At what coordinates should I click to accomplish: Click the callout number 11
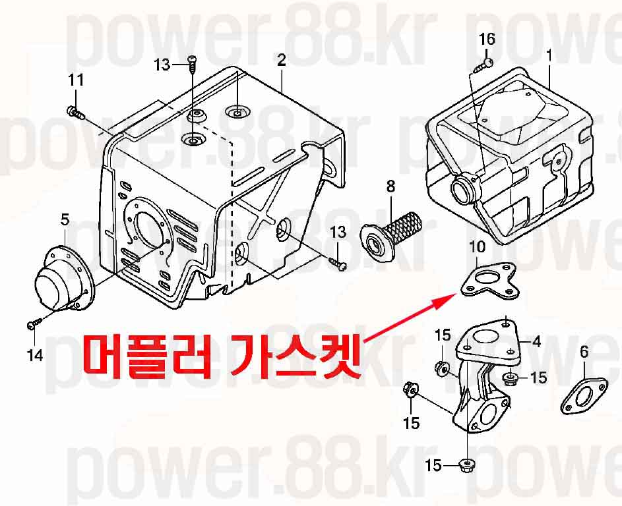[x=76, y=80]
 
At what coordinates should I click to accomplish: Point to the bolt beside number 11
[x=76, y=112]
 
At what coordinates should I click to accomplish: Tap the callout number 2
[x=281, y=61]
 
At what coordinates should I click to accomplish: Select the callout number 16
[x=487, y=40]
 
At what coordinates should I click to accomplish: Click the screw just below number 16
[x=483, y=65]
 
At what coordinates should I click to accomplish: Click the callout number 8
[x=391, y=186]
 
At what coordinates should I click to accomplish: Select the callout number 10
[x=477, y=246]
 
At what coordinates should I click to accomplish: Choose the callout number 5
[x=65, y=219]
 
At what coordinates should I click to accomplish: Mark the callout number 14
[x=35, y=355]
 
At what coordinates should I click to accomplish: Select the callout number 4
[x=536, y=341]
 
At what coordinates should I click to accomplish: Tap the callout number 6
[x=584, y=352]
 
